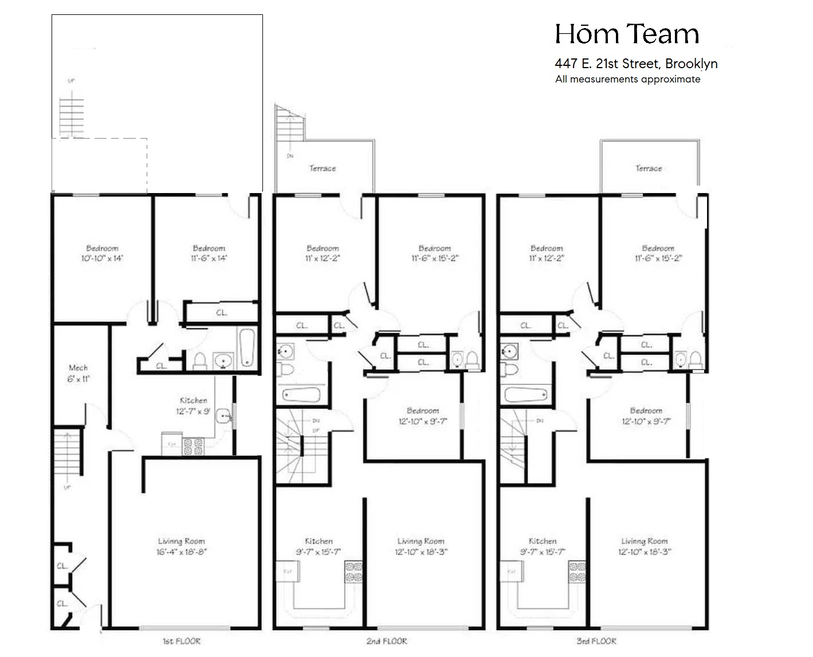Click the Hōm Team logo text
point(627,34)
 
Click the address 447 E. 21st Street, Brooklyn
point(636,64)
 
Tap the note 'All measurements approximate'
point(627,79)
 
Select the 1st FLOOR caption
point(182,641)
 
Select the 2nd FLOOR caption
point(387,641)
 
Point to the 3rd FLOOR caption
point(596,641)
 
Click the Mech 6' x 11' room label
point(78,373)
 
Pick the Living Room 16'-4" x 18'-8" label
point(181,546)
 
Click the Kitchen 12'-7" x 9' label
point(193,406)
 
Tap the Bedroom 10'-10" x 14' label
point(102,253)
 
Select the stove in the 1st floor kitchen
point(193,446)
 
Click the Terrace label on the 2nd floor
point(323,168)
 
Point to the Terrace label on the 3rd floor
point(649,168)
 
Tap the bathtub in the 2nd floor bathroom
point(301,395)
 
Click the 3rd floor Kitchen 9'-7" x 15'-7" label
point(542,546)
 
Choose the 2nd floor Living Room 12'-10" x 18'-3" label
point(421,546)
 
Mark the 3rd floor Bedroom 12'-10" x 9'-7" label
point(646,416)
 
